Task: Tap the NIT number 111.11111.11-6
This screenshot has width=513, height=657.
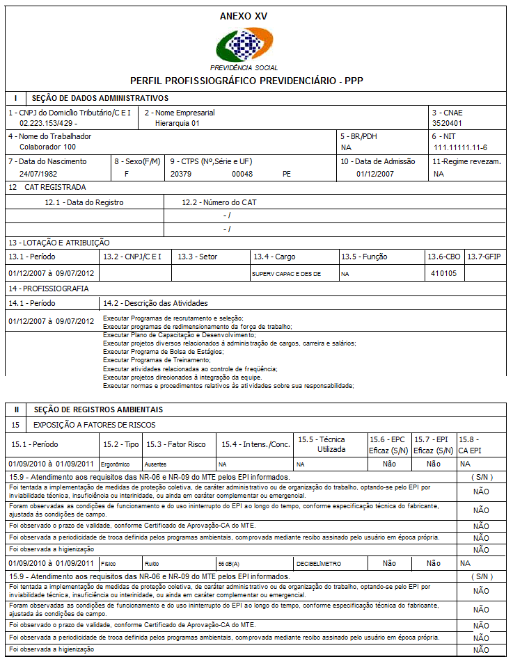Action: (460, 147)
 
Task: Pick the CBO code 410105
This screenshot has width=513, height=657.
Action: (443, 273)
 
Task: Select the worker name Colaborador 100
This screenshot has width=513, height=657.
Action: (47, 147)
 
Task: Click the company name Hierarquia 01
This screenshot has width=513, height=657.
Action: (177, 122)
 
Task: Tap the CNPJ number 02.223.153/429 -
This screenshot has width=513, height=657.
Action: (49, 122)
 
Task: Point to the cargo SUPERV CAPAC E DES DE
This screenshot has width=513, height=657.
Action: (287, 274)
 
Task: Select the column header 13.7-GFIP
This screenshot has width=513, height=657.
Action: (484, 257)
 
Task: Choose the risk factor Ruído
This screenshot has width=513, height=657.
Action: (152, 564)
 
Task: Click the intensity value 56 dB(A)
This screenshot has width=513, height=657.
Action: (230, 564)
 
